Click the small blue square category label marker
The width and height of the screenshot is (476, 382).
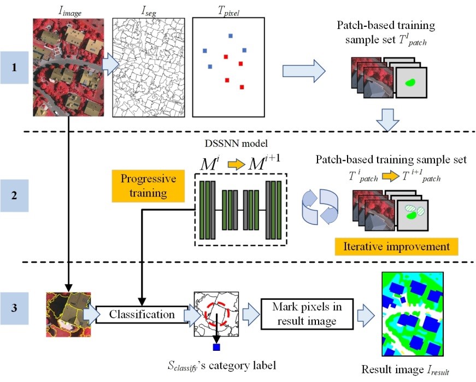click(x=216, y=347)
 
